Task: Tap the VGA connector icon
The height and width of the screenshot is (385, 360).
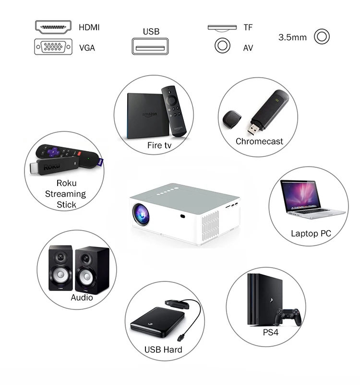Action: [x=54, y=47]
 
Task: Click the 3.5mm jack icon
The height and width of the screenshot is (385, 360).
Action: [x=322, y=36]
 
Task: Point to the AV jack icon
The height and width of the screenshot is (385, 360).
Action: [x=222, y=46]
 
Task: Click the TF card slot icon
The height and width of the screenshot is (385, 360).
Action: [x=222, y=28]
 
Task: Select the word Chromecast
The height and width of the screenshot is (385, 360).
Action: [x=259, y=141]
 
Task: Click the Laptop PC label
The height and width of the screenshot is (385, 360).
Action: [x=311, y=233]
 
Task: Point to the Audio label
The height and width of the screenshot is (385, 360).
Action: [x=82, y=297]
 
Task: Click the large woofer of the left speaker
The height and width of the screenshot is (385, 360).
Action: [x=60, y=275]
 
